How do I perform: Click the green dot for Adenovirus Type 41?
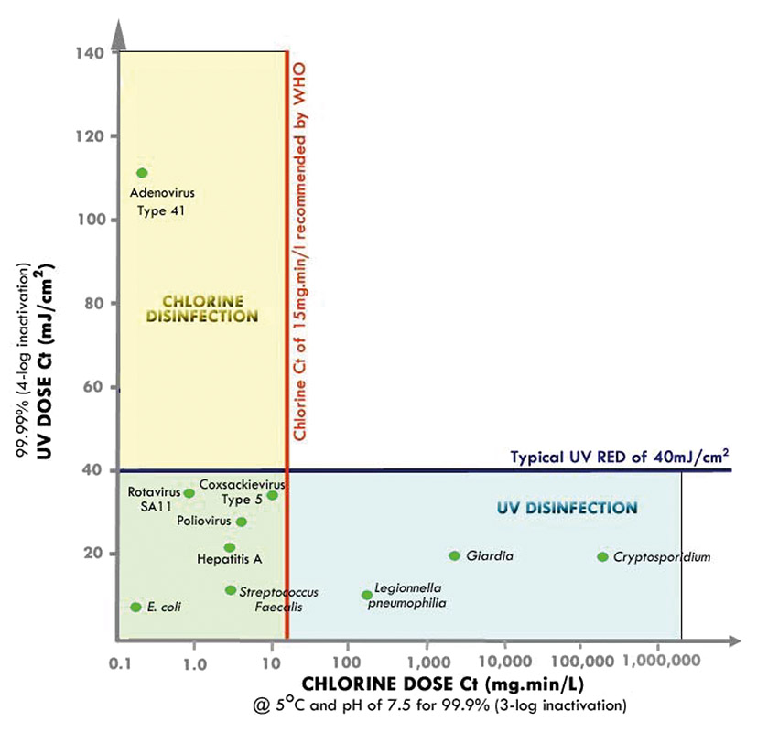coord(142,173)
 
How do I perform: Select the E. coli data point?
coord(135,607)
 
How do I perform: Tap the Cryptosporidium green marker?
coord(602,556)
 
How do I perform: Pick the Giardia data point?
coord(454,555)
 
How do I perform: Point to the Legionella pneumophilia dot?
coord(367,595)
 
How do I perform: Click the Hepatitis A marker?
coord(230,547)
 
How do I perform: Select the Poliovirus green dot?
coord(242,522)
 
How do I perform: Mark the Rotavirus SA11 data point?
coord(189,492)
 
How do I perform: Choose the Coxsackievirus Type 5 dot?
coord(272,495)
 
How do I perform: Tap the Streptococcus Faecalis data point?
coord(231,590)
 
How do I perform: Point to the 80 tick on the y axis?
coord(92,303)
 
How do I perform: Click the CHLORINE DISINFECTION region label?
coord(210,308)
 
